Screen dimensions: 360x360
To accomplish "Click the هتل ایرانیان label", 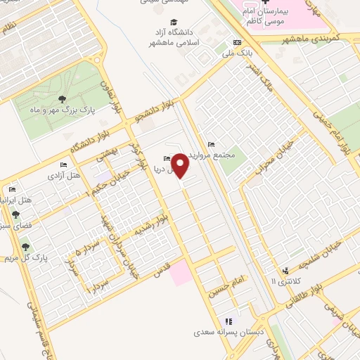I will tap(23, 200).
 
